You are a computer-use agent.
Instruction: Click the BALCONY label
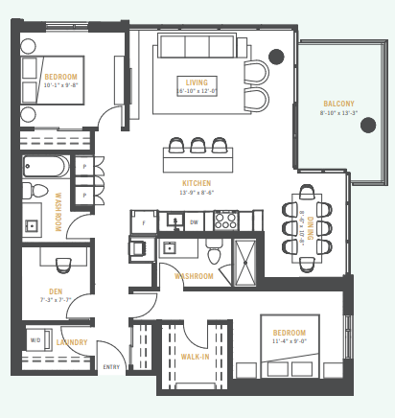[x=338, y=104]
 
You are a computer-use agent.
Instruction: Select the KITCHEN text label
[x=197, y=182]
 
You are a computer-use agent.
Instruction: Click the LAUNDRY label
[x=72, y=342]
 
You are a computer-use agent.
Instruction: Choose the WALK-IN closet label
[x=196, y=357]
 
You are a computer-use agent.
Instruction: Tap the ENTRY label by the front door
[x=111, y=367]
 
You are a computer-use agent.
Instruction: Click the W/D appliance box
[x=35, y=339]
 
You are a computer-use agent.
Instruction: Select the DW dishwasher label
[x=195, y=221]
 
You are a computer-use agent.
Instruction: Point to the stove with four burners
[x=225, y=221]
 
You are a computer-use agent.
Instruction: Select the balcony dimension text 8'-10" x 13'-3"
[x=338, y=113]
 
